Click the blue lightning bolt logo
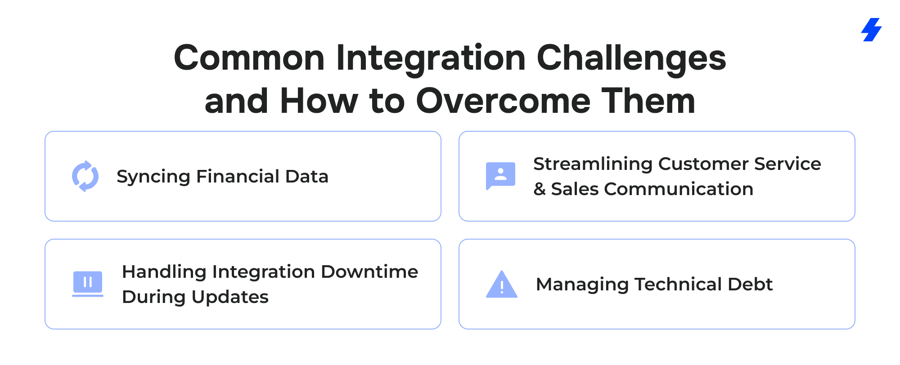[872, 30]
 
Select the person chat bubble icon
[500, 176]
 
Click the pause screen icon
[88, 284]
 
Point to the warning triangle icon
[502, 285]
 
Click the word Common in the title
[249, 58]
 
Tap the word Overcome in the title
[503, 101]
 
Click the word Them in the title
[648, 101]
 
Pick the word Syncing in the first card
[153, 177]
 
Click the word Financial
[238, 176]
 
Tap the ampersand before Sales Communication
[540, 189]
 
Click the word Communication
[679, 189]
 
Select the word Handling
[164, 272]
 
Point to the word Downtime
[369, 272]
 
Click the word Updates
[230, 297]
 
